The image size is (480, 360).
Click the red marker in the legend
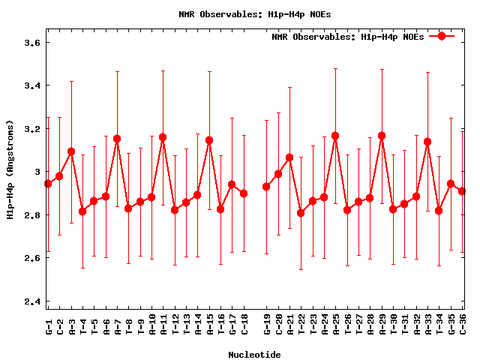point(442,36)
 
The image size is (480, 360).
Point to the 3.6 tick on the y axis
point(34,43)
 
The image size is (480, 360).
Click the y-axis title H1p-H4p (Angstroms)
point(10,172)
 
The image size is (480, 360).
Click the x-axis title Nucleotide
point(255,355)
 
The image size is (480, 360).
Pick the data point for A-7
point(117,139)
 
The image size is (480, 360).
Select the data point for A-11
point(163,137)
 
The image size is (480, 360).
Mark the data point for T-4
point(82,211)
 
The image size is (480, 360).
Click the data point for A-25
point(335,136)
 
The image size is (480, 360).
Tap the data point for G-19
point(266,187)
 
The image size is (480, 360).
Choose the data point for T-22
point(301,213)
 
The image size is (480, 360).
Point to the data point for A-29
point(382,136)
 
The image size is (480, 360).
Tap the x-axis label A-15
point(209,323)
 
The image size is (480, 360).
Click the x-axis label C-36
point(463,323)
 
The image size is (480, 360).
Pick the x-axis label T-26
point(347,323)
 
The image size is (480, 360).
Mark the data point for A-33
point(427,142)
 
